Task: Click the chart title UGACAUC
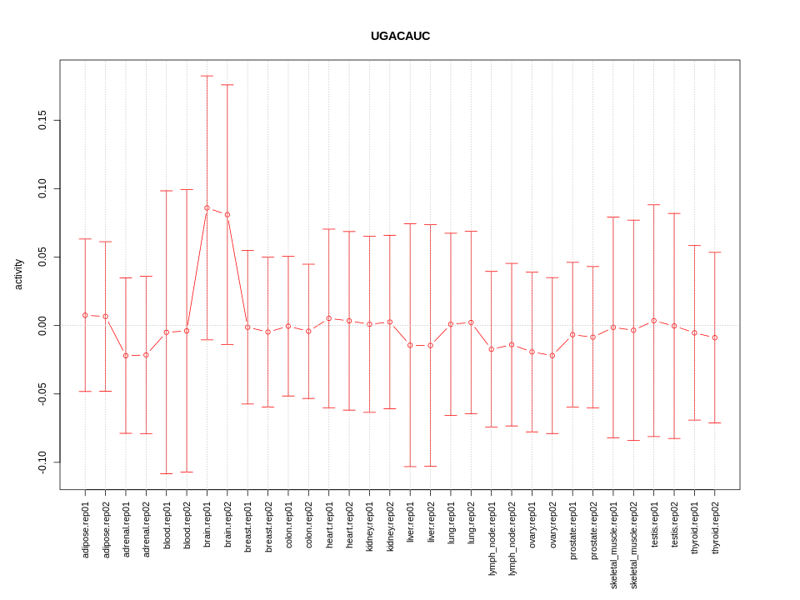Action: (x=400, y=36)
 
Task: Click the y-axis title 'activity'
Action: (x=18, y=274)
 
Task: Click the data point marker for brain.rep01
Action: (x=207, y=207)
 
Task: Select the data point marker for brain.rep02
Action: (x=227, y=215)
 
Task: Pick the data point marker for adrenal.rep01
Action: (x=126, y=356)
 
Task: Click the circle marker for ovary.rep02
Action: (x=552, y=356)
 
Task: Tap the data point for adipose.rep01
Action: (x=85, y=315)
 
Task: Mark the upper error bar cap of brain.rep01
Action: (x=207, y=76)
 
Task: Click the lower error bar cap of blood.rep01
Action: (x=167, y=473)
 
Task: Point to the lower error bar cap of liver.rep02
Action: (x=431, y=466)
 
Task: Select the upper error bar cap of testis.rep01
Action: (x=654, y=204)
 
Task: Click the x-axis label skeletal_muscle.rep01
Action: (x=614, y=545)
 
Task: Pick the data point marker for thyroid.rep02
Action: (x=715, y=337)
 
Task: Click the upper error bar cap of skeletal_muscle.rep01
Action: (x=613, y=217)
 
